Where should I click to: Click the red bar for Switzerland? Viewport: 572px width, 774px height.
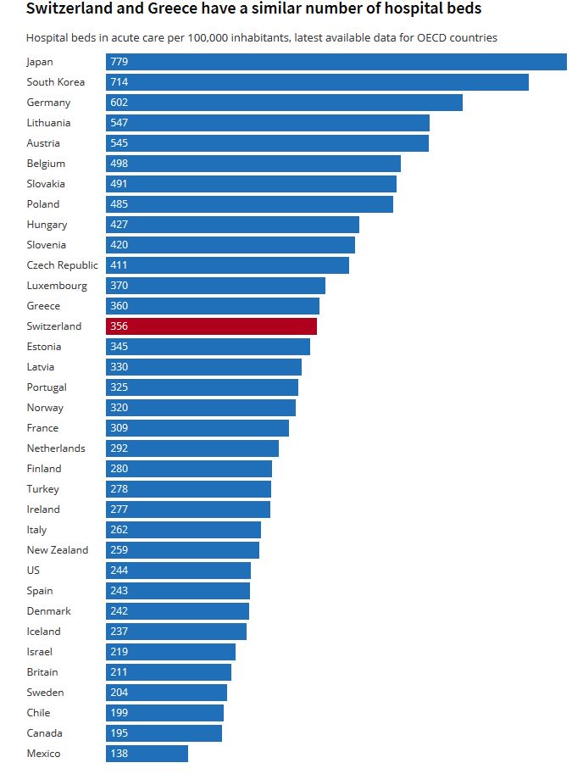(212, 326)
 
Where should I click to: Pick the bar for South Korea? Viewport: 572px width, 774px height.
(317, 82)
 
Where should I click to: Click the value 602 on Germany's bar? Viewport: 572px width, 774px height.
(119, 103)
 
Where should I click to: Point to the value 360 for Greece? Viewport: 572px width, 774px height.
(119, 306)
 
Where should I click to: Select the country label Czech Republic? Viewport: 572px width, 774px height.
(62, 265)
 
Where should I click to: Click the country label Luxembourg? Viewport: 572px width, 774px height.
(57, 286)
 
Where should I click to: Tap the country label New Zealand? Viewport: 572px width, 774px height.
(57, 550)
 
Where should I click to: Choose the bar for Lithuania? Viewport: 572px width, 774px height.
(268, 123)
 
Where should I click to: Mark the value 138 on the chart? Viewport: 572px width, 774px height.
(119, 754)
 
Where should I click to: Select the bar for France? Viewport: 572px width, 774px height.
(197, 428)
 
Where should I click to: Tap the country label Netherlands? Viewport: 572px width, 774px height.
(56, 448)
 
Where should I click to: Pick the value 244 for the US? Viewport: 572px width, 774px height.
(119, 571)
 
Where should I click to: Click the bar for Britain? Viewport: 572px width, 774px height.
(169, 672)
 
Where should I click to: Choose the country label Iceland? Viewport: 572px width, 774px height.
(43, 632)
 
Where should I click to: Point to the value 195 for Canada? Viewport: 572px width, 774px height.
(119, 733)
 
